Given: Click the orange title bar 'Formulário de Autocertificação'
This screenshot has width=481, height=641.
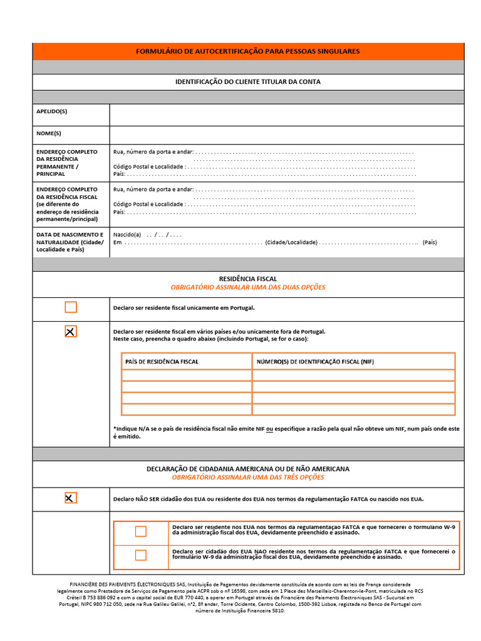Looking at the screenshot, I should tap(248, 51).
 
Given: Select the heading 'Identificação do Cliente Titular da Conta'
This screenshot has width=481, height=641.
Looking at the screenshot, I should tap(248, 82).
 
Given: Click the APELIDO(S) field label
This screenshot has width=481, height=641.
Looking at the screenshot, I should tap(52, 111).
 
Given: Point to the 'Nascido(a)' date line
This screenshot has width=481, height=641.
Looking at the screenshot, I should tap(147, 235).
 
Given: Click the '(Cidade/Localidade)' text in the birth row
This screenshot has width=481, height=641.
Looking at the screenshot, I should tap(291, 242).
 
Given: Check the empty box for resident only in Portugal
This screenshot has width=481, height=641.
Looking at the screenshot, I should tap(71, 307).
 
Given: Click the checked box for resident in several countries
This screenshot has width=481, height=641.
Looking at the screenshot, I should tap(71, 332).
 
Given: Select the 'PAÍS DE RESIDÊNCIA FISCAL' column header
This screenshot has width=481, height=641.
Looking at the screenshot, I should tap(162, 362).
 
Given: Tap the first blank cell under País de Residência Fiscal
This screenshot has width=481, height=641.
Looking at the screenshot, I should tap(187, 376).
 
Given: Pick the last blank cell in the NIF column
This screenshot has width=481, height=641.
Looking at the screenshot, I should tap(353, 409).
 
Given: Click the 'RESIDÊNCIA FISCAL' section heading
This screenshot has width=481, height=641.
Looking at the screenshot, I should tap(248, 279).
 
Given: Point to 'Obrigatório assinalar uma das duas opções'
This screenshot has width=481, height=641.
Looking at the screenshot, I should tap(248, 287).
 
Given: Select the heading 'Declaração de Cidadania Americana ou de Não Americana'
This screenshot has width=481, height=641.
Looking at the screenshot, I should tap(248, 469).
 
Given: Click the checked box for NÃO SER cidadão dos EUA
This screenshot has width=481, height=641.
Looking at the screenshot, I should tap(71, 498).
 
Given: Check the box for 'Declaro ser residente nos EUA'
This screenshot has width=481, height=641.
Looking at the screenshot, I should tap(141, 531).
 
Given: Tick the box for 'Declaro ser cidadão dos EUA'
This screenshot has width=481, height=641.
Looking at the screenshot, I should tap(141, 555).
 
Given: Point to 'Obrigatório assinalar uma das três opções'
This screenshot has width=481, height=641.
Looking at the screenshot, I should tap(248, 478).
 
